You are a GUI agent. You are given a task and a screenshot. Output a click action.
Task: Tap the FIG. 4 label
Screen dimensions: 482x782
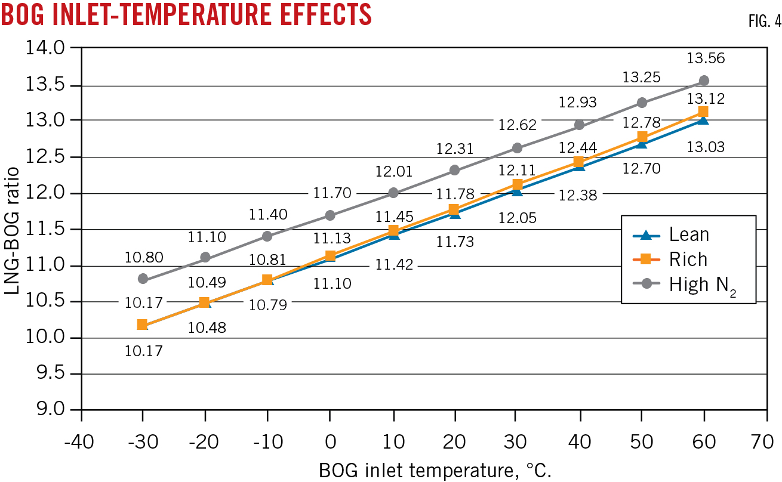click(x=763, y=22)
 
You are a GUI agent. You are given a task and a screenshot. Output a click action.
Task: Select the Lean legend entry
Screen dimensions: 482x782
click(x=687, y=235)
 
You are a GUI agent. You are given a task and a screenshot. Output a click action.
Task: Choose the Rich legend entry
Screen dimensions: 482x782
click(x=687, y=259)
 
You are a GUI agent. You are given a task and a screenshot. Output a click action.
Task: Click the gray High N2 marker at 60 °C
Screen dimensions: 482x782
click(x=704, y=81)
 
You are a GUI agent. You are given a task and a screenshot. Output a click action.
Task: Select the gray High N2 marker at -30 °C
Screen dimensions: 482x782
click(x=142, y=279)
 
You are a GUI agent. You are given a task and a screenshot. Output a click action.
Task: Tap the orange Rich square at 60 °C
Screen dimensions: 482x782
click(x=703, y=112)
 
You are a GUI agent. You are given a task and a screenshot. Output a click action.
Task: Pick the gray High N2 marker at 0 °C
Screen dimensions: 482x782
click(x=330, y=215)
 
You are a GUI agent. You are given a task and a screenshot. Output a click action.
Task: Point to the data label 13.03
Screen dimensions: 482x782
click(x=706, y=146)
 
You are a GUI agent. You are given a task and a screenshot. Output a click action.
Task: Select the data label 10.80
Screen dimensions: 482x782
click(x=143, y=258)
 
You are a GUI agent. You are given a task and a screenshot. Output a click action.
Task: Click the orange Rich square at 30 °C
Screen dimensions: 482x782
click(x=517, y=184)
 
